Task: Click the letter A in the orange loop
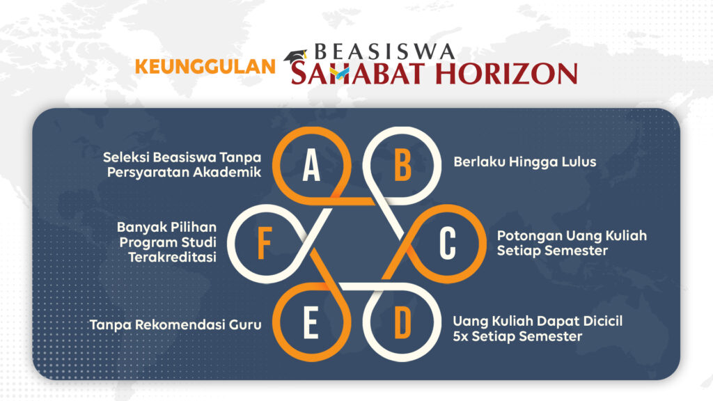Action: point(311,166)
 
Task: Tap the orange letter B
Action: point(403,166)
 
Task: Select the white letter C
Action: point(448,244)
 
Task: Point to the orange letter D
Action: point(403,322)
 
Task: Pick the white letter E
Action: point(311,322)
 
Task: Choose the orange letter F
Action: point(265,244)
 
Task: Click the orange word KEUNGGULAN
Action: point(205,67)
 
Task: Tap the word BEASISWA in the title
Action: point(384,52)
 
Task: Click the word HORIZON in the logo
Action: point(506,74)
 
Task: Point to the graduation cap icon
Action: point(295,56)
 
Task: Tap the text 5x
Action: point(460,336)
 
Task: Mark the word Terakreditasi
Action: point(173,258)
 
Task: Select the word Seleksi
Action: point(126,157)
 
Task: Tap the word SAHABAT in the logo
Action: point(361,74)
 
